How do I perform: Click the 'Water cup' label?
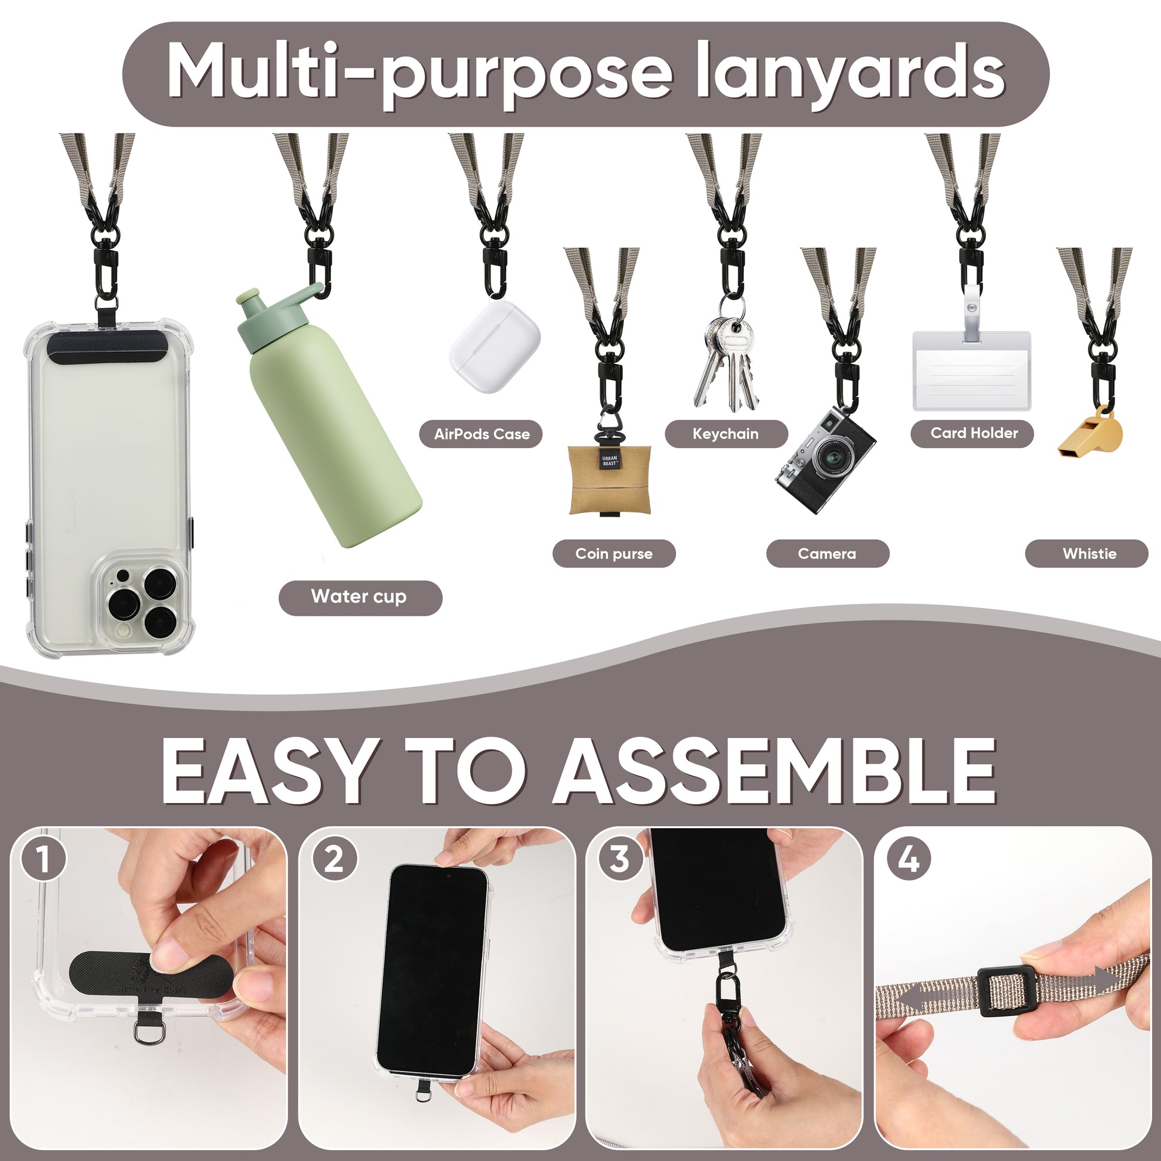360,597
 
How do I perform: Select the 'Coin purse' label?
613,554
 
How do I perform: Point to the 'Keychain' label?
726,434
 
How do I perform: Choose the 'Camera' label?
827,554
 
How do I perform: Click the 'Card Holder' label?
972,433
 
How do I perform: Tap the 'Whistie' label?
1086,554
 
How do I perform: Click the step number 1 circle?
44,859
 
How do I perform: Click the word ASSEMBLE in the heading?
774,771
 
